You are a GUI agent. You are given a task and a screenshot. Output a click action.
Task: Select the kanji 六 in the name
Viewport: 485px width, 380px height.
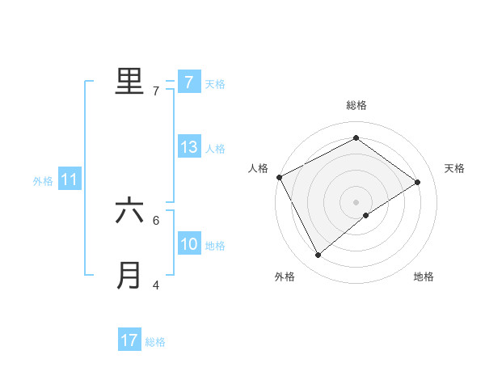129,211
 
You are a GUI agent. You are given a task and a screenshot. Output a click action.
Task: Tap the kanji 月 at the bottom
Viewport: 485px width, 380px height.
129,275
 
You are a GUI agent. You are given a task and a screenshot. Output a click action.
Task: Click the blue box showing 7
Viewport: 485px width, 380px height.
188,82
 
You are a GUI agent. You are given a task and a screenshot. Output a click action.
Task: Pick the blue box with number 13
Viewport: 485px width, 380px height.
188,147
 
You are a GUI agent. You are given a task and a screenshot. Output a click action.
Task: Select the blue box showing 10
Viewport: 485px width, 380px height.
188,244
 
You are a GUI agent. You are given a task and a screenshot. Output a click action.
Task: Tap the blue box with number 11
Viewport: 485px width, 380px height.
70,180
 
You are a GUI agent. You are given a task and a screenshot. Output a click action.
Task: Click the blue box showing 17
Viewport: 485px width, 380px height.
129,340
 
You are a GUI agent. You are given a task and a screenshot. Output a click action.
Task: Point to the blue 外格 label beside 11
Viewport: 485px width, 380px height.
43,181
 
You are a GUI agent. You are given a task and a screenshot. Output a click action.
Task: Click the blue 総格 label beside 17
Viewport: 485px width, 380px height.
155,342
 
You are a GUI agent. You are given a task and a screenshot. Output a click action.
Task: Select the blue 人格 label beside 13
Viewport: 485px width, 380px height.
215,149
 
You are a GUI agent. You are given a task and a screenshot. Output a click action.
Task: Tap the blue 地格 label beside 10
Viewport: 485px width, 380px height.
215,246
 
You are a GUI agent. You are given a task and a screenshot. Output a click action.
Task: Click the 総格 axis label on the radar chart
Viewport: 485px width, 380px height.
356,105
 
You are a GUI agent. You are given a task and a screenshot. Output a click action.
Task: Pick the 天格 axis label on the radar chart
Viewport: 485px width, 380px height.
454,168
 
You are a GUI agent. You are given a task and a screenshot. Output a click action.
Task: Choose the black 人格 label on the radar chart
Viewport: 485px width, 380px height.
258,168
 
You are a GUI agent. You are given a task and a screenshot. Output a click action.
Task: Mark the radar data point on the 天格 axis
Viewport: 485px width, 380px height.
418,182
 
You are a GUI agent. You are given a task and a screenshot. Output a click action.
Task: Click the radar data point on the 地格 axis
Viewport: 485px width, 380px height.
366,215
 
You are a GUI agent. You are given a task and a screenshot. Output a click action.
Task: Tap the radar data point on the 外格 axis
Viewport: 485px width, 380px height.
318,255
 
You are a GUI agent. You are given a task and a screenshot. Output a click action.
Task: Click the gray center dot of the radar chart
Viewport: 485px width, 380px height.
356,201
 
